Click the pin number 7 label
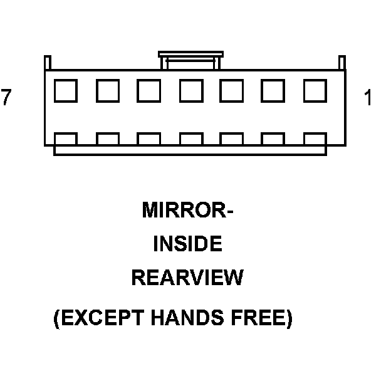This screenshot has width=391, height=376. (x=6, y=98)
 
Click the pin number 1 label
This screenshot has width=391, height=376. (x=368, y=98)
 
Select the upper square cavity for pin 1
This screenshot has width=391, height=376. (x=315, y=91)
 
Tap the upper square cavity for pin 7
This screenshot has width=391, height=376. (x=65, y=91)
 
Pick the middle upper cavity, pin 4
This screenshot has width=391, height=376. (x=190, y=91)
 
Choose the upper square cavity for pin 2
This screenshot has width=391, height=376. (x=273, y=91)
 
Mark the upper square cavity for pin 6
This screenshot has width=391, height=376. (x=107, y=91)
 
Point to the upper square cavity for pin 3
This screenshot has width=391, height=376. (x=231, y=91)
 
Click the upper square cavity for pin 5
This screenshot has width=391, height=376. (x=149, y=91)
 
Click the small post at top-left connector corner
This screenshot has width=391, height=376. (x=48, y=63)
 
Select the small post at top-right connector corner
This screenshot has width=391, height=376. (x=341, y=63)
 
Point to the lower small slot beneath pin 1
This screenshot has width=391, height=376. (x=315, y=138)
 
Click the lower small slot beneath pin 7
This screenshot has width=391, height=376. (x=65, y=138)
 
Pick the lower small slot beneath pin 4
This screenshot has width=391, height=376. (x=190, y=138)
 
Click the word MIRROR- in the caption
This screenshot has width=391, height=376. (x=187, y=210)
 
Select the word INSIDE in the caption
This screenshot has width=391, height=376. (x=187, y=244)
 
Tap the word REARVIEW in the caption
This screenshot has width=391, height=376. (x=187, y=278)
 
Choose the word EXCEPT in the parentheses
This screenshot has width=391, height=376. (x=102, y=319)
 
